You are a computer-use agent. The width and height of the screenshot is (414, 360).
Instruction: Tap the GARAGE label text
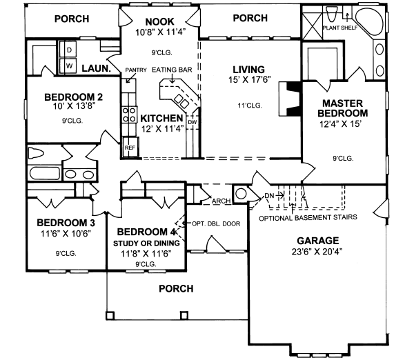pyautogui.click(x=318, y=241)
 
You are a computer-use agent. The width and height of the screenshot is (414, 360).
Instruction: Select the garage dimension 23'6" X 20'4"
pyautogui.click(x=318, y=252)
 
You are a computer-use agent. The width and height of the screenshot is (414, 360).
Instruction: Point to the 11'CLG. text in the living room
pyautogui.click(x=249, y=106)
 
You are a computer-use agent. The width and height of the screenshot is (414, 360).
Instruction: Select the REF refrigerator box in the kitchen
pyautogui.click(x=130, y=146)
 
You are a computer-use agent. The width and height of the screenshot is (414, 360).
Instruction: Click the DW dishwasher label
pyautogui.click(x=193, y=121)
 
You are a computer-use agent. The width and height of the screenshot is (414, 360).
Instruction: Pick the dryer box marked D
pyautogui.click(x=70, y=50)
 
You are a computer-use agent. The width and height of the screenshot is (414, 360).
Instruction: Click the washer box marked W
pyautogui.click(x=70, y=66)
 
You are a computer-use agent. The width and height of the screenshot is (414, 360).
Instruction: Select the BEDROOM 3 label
pyautogui.click(x=66, y=223)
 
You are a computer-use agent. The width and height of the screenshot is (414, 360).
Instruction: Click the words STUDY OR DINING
pyautogui.click(x=146, y=243)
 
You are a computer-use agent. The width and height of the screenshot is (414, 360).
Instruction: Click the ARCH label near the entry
pyautogui.click(x=221, y=201)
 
